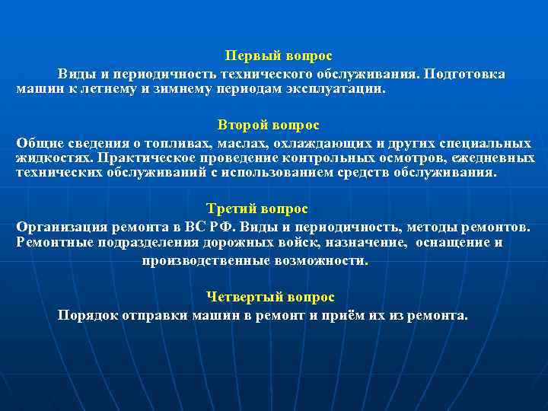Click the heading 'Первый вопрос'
pyautogui.click(x=279, y=56)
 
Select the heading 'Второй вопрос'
pyautogui.click(x=268, y=125)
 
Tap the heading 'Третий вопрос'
pyautogui.click(x=257, y=209)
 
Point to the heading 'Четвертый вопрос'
pyautogui.click(x=270, y=297)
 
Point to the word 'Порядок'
pyautogui.click(x=86, y=315)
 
